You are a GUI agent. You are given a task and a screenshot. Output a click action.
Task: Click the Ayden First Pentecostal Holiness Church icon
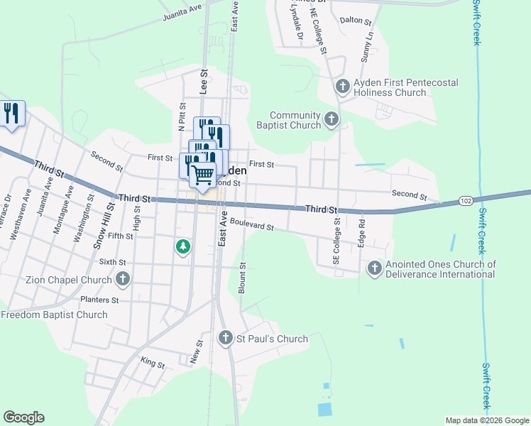[343, 87]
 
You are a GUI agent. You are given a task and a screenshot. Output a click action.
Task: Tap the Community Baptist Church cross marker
[332, 120]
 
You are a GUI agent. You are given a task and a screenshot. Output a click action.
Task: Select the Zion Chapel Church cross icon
[123, 280]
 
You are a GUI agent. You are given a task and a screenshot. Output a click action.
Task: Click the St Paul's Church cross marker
[226, 339]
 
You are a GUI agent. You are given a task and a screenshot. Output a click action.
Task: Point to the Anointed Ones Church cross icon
[374, 268]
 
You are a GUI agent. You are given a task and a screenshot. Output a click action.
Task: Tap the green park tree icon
[183, 246]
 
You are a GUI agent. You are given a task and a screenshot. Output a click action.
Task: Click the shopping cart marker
[203, 174]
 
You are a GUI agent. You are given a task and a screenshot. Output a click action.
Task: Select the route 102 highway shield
[466, 201]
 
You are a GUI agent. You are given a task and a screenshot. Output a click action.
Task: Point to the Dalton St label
[356, 22]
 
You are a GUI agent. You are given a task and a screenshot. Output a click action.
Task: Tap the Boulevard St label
[251, 226]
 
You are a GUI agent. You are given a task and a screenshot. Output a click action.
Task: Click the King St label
[153, 364]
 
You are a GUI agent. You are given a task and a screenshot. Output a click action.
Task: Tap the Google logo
[23, 417]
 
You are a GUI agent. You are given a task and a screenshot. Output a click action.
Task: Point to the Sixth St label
[112, 262]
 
